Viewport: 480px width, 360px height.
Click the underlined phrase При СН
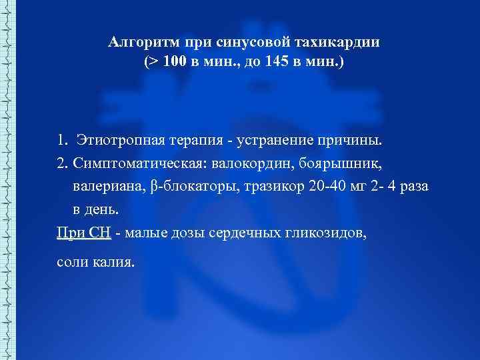point(84,233)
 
